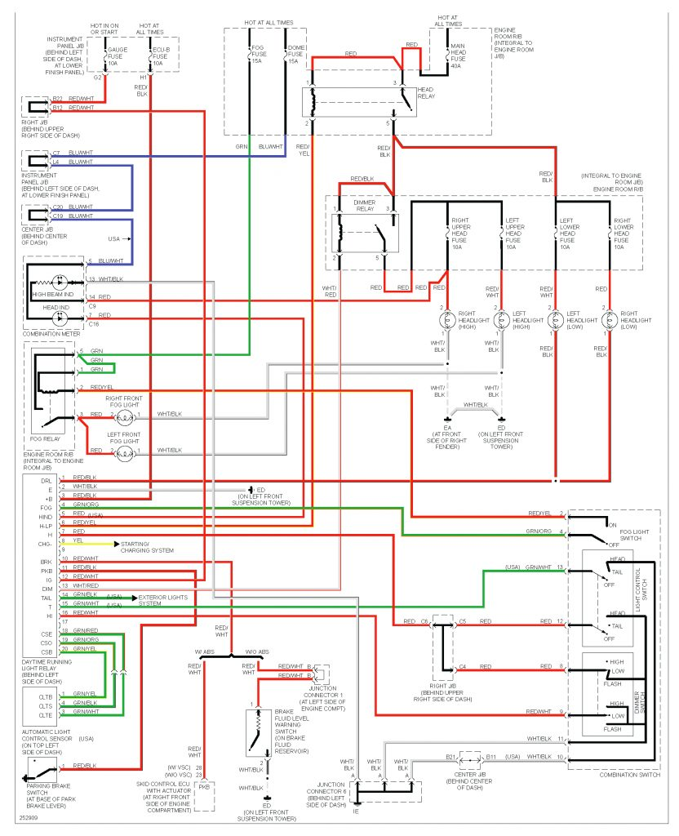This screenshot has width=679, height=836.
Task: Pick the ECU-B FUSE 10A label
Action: (x=161, y=56)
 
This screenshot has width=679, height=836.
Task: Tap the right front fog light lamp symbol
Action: (x=124, y=416)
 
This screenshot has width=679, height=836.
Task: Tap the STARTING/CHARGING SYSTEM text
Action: (x=147, y=546)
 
